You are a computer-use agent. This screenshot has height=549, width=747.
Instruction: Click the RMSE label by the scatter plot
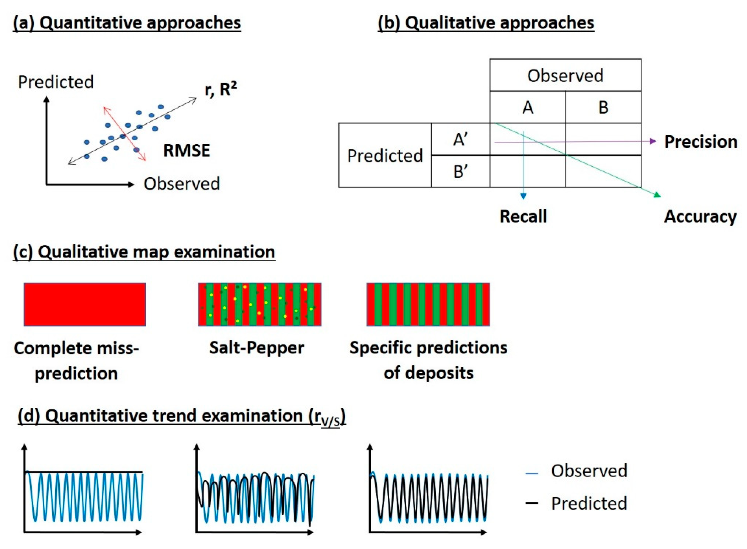[187, 151]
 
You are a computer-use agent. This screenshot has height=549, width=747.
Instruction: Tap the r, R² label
[220, 89]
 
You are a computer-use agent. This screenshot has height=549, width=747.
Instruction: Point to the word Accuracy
[700, 217]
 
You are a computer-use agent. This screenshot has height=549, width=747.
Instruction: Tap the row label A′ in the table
[460, 140]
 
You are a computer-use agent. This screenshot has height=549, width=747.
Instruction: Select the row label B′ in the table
[460, 171]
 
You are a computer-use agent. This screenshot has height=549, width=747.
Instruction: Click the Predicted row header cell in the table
[384, 155]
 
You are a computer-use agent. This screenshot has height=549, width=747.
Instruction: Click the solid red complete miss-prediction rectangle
[85, 304]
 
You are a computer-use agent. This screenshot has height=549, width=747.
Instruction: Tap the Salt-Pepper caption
[256, 348]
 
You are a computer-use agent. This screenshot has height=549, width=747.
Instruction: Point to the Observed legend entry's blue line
[531, 473]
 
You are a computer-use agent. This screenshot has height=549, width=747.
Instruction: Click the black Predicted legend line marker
[531, 503]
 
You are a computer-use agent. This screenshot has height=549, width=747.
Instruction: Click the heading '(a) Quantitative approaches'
[127, 23]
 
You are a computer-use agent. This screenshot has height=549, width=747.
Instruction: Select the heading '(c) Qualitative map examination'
[144, 252]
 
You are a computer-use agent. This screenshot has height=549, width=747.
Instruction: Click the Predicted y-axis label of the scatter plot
[56, 82]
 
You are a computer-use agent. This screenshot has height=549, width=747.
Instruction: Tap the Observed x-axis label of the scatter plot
[182, 184]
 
